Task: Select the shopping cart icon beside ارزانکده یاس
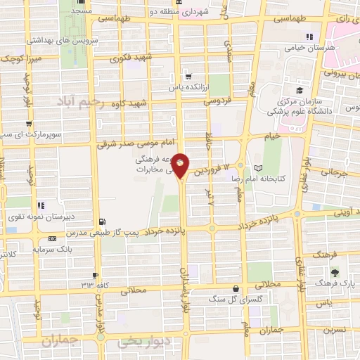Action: pyautogui.click(x=188, y=76)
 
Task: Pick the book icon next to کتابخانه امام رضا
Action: pyautogui.click(x=258, y=168)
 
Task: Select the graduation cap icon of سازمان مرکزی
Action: pyautogui.click(x=300, y=91)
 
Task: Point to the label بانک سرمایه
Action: pyautogui.click(x=59, y=249)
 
